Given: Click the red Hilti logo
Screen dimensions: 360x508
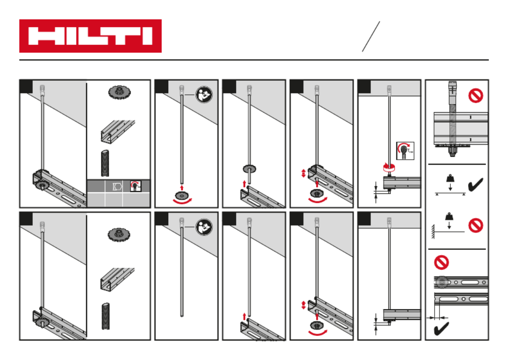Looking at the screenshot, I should click(90, 36).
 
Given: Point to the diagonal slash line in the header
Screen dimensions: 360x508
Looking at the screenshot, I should click(371, 36).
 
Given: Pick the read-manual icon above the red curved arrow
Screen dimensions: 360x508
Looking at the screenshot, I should click(203, 94).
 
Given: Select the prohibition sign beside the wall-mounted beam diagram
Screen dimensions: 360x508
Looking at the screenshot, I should click(475, 226).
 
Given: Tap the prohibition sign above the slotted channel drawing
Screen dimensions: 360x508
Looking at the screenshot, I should click(442, 262).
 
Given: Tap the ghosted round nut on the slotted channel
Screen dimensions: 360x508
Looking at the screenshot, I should click(440, 282).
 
